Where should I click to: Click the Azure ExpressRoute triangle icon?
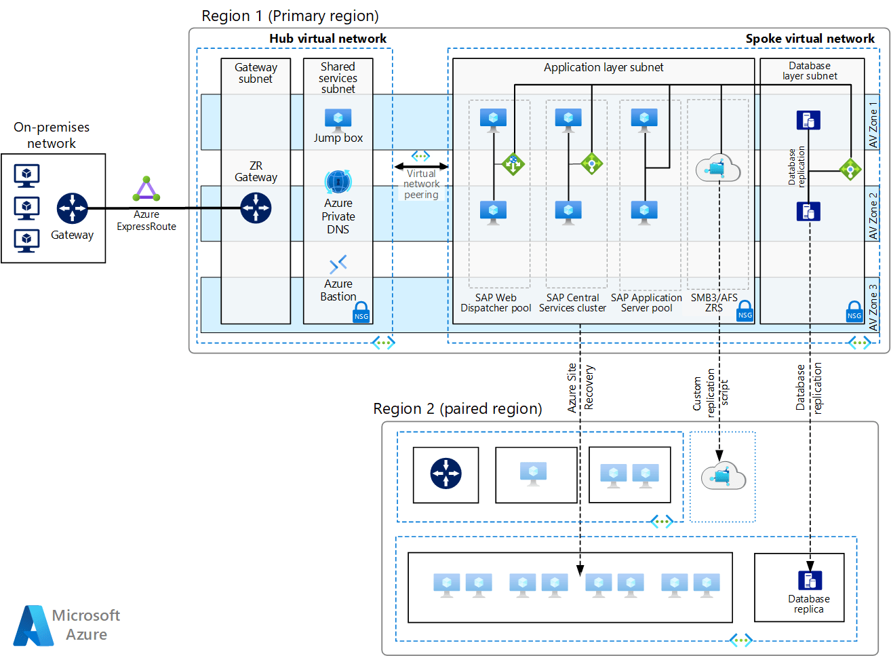[x=146, y=189]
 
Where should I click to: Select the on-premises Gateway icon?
[x=73, y=208]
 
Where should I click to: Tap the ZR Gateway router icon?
[x=256, y=208]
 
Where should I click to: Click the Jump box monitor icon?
[x=338, y=120]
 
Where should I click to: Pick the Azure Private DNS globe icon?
[x=338, y=182]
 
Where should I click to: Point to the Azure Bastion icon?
[x=338, y=263]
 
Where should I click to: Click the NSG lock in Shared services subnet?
[x=361, y=312]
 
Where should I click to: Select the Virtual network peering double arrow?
[x=421, y=166]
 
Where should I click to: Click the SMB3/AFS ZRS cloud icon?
[x=718, y=168]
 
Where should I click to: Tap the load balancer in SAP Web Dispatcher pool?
[x=513, y=163]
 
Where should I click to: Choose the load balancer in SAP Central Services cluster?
[x=591, y=163]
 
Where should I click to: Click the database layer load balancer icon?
[x=850, y=169]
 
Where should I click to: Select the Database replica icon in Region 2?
[x=810, y=580]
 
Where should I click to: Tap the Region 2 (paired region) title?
[x=458, y=409]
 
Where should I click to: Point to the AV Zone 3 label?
[x=873, y=307]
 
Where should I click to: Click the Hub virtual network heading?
[x=328, y=39]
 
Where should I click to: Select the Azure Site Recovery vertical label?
[x=580, y=387]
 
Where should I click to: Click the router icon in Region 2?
[x=446, y=474]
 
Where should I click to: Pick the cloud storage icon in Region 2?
[x=723, y=476]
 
